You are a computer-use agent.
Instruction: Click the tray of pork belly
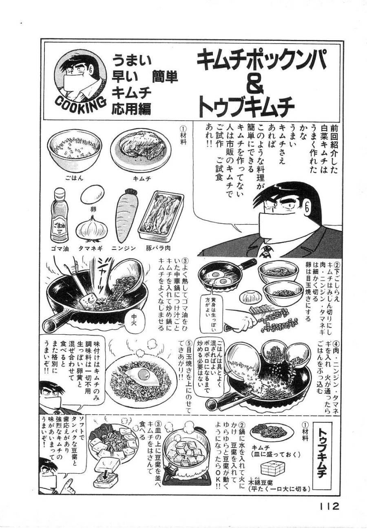[160, 216]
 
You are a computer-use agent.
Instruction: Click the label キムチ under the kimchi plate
[142, 178]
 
